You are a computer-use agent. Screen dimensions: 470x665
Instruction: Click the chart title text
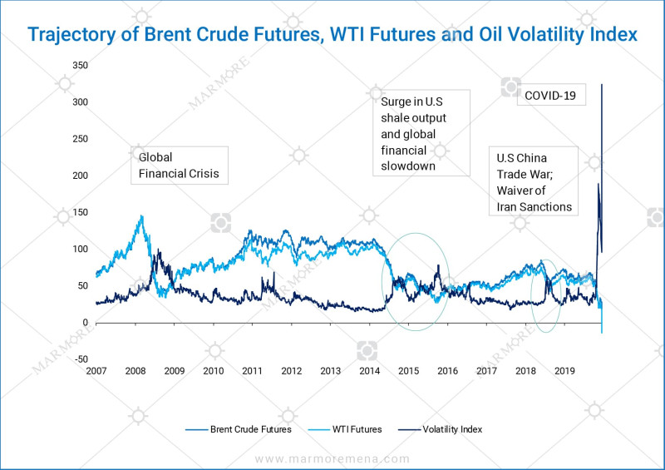pos(332,34)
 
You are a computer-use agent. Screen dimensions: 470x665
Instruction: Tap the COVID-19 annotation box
pos(551,96)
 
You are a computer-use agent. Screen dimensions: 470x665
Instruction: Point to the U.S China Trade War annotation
pos(534,181)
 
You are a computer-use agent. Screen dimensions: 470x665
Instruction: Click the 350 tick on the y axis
pos(81,65)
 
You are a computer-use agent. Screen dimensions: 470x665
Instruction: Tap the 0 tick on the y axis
pos(86,323)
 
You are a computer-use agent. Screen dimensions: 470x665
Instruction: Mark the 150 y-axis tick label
pos(81,212)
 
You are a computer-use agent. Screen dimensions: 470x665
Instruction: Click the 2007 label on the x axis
pos(96,371)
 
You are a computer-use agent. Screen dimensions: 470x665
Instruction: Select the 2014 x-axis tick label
pos(369,371)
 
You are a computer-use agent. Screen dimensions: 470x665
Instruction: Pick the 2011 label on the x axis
pos(252,371)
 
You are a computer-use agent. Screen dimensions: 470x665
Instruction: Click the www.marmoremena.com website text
pos(332,458)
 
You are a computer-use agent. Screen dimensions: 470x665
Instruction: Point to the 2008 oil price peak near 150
pos(141,216)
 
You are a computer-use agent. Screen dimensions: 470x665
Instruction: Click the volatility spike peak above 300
pos(602,85)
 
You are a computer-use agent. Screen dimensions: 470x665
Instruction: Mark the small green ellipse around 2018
pos(544,295)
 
